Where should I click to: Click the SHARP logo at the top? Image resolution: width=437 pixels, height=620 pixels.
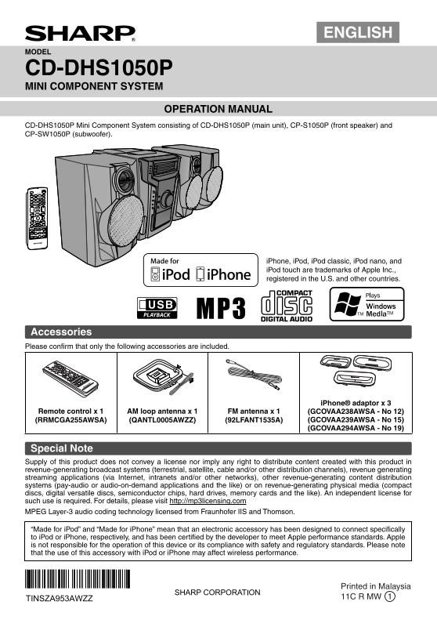point(80,34)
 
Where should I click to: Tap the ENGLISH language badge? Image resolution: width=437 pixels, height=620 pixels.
point(358,32)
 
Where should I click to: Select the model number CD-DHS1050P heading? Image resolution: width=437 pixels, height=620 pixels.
point(99,67)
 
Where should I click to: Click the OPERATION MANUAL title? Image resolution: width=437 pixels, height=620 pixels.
point(218,109)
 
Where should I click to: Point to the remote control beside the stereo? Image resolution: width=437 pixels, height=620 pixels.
point(37,218)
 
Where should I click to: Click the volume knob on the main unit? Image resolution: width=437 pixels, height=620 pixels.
point(167,199)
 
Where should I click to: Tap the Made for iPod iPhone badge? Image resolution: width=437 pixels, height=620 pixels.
point(200,270)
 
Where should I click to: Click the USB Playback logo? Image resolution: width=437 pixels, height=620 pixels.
point(157,308)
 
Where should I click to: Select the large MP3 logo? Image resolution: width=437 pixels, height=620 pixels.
point(221,308)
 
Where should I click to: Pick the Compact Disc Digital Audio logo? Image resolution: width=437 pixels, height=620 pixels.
point(287,306)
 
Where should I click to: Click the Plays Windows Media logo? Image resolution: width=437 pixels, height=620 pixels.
point(367,304)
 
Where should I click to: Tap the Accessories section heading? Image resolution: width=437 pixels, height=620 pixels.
point(61,332)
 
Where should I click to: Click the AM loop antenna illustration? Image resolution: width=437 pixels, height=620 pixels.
point(163,377)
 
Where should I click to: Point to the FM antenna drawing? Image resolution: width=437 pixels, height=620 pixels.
point(254,375)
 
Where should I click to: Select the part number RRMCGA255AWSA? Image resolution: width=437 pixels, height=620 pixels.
point(71,420)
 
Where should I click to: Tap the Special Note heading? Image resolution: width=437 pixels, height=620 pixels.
point(62,448)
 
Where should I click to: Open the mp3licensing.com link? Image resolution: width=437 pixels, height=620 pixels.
point(208,501)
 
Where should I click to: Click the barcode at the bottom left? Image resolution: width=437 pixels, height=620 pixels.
point(78,579)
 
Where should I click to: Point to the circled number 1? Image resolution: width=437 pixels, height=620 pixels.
point(389,596)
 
